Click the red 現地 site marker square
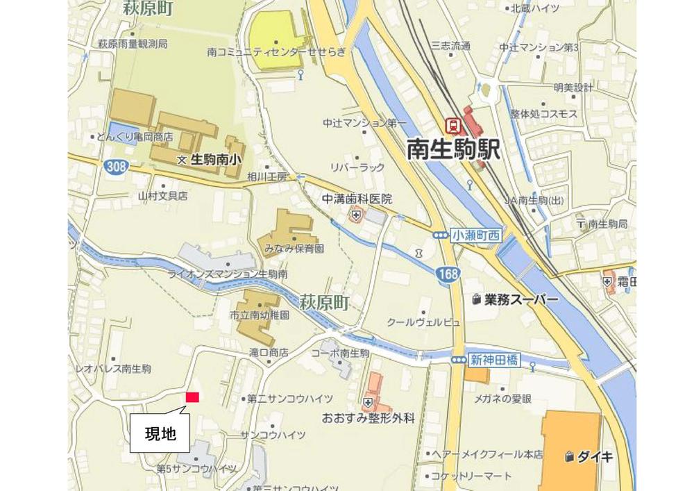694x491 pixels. tap(192, 397)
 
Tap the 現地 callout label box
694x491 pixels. tap(160, 435)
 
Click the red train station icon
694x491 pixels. tap(453, 126)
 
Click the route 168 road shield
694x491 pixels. tap(448, 274)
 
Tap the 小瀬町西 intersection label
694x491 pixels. tap(475, 235)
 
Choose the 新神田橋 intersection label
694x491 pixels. tap(494, 360)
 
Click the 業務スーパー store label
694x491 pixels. tap(520, 299)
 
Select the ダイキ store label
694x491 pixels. tap(595, 456)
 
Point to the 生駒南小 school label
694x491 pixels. tap(215, 159)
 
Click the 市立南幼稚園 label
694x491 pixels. tap(260, 315)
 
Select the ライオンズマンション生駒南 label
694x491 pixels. tap(227, 274)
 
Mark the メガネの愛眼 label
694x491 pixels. tap(502, 399)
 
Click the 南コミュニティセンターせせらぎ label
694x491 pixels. tap(276, 51)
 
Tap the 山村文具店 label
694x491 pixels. tap(162, 197)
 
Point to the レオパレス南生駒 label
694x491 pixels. tap(112, 369)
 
